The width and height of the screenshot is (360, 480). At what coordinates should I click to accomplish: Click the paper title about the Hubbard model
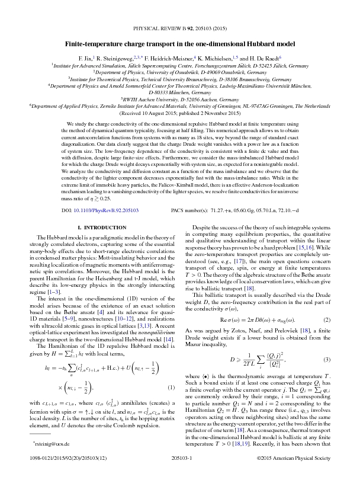(x=180, y=43)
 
